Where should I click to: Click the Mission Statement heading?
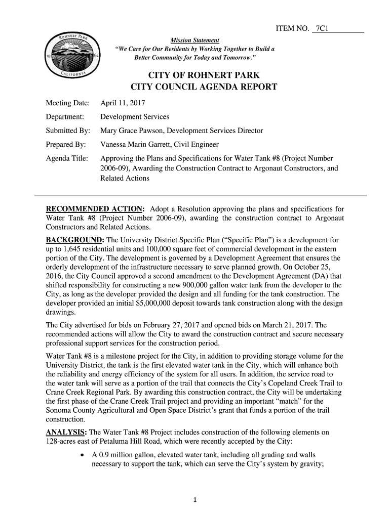[x=194, y=40]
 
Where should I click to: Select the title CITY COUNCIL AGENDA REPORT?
[x=204, y=87]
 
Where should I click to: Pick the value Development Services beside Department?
[x=135, y=117]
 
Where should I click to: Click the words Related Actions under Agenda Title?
[x=125, y=178]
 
